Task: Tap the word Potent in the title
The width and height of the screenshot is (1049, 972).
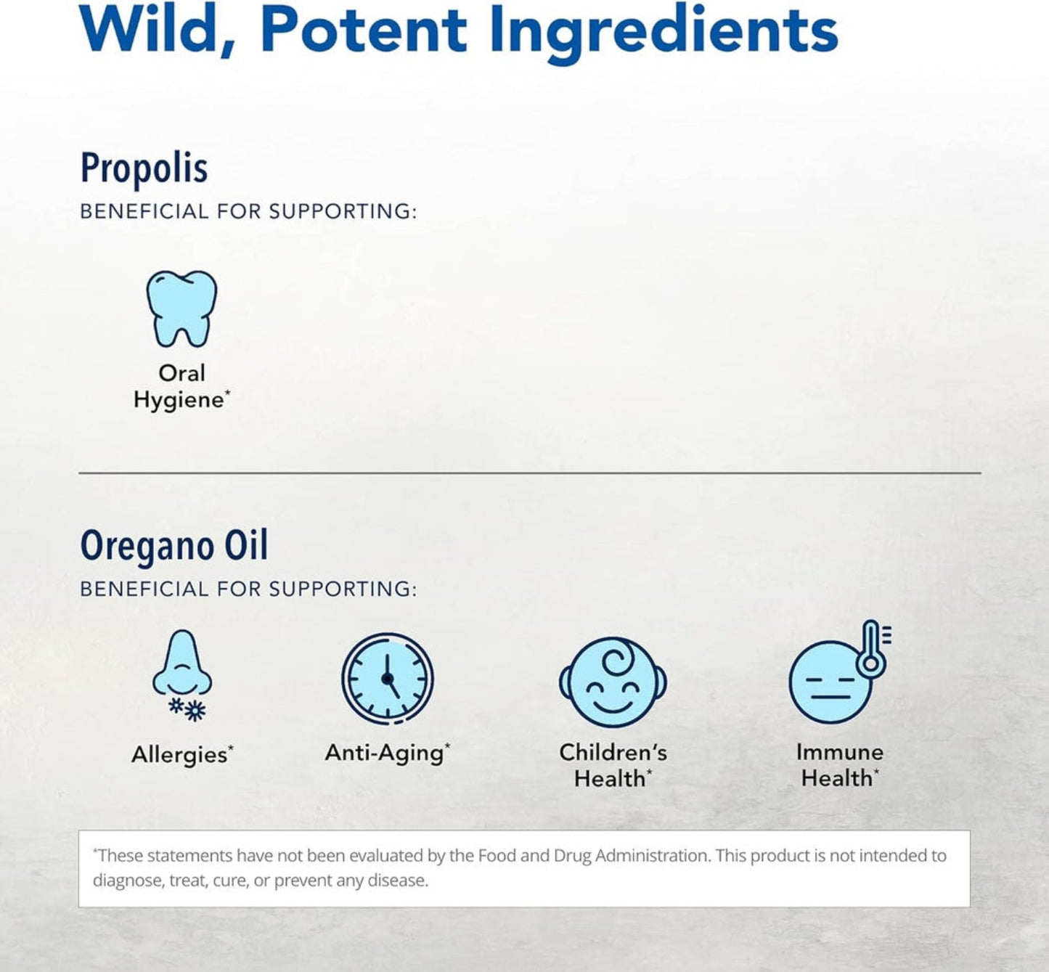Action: coord(363,30)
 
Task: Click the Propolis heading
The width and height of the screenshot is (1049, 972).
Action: coord(144,168)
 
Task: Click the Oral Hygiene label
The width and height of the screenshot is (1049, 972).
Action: coord(181,386)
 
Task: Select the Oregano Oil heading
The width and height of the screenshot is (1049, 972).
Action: coord(174,546)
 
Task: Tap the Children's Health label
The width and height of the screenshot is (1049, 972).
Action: coord(613,765)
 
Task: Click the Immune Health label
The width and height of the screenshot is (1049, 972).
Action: coord(840,765)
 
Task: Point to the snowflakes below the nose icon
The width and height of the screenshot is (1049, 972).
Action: coord(187,708)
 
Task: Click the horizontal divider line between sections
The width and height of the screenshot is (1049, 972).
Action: coord(530,473)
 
